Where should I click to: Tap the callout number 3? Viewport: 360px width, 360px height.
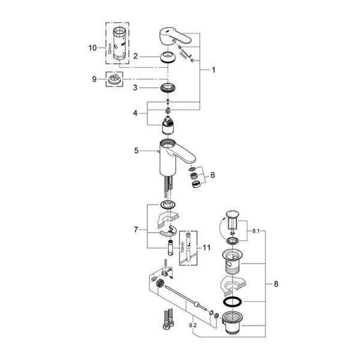pos(136,88)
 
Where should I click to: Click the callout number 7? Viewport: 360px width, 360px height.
pos(136,230)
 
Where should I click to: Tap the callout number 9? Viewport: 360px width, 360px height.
pos(94,78)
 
